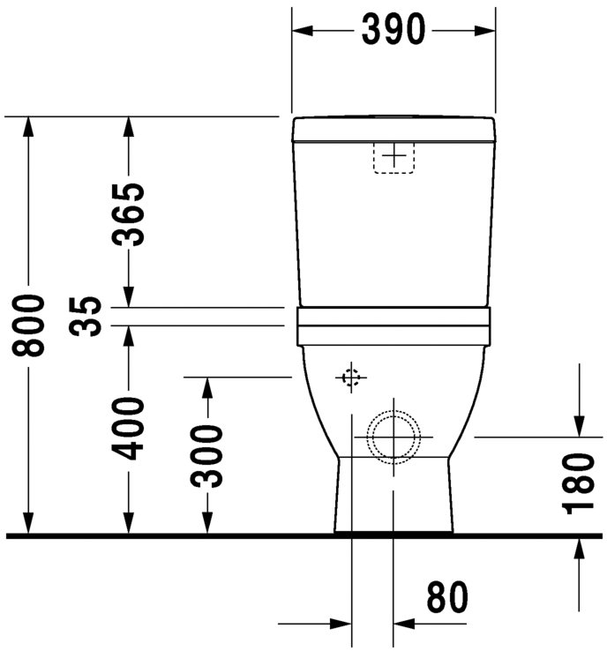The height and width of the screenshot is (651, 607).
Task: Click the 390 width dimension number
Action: (x=393, y=30)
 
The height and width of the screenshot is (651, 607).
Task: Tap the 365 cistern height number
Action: (x=129, y=213)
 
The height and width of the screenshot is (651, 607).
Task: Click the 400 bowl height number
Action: (x=129, y=428)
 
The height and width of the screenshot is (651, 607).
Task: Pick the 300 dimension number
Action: (x=207, y=456)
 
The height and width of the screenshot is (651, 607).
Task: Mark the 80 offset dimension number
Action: (x=447, y=599)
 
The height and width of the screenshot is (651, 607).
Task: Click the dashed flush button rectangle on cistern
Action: (x=394, y=156)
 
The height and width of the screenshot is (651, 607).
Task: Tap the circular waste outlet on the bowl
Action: (x=393, y=436)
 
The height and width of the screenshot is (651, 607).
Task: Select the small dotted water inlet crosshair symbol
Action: (x=351, y=378)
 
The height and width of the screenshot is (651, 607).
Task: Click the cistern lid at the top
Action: (x=393, y=130)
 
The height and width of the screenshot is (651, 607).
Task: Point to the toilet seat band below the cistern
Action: (x=393, y=325)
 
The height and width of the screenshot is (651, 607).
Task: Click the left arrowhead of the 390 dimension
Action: (x=303, y=30)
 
